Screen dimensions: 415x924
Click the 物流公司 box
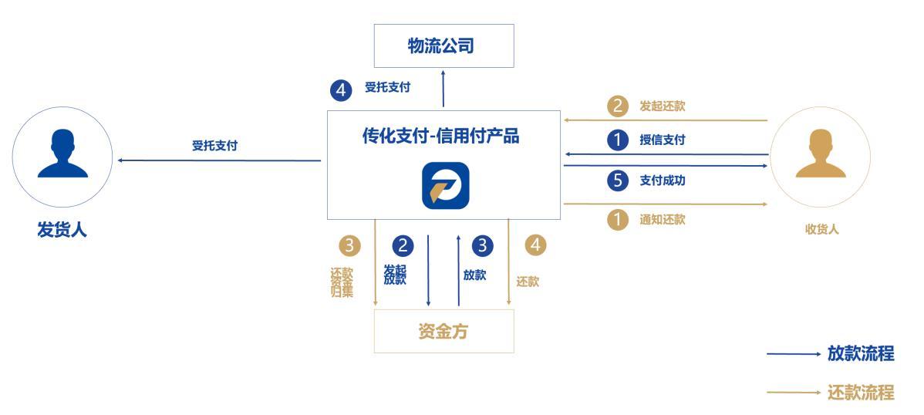443,46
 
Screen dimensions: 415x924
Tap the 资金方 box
443,332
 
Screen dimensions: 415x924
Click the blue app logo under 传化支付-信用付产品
445,185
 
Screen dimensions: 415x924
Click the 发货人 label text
62,230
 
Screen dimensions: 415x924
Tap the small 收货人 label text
821,229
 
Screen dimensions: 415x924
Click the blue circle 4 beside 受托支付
341,90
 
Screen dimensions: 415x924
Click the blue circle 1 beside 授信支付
618,140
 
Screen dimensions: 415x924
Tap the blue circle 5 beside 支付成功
618,181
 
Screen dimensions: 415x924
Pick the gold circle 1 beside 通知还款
618,220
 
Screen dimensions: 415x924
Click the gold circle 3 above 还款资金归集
350,246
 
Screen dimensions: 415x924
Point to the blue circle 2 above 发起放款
403,246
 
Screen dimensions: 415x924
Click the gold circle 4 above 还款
535,246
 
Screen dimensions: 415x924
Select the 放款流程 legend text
860,354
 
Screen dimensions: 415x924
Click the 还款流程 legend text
860,393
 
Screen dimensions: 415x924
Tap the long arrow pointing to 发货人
219,160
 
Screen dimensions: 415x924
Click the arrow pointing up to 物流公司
443,89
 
